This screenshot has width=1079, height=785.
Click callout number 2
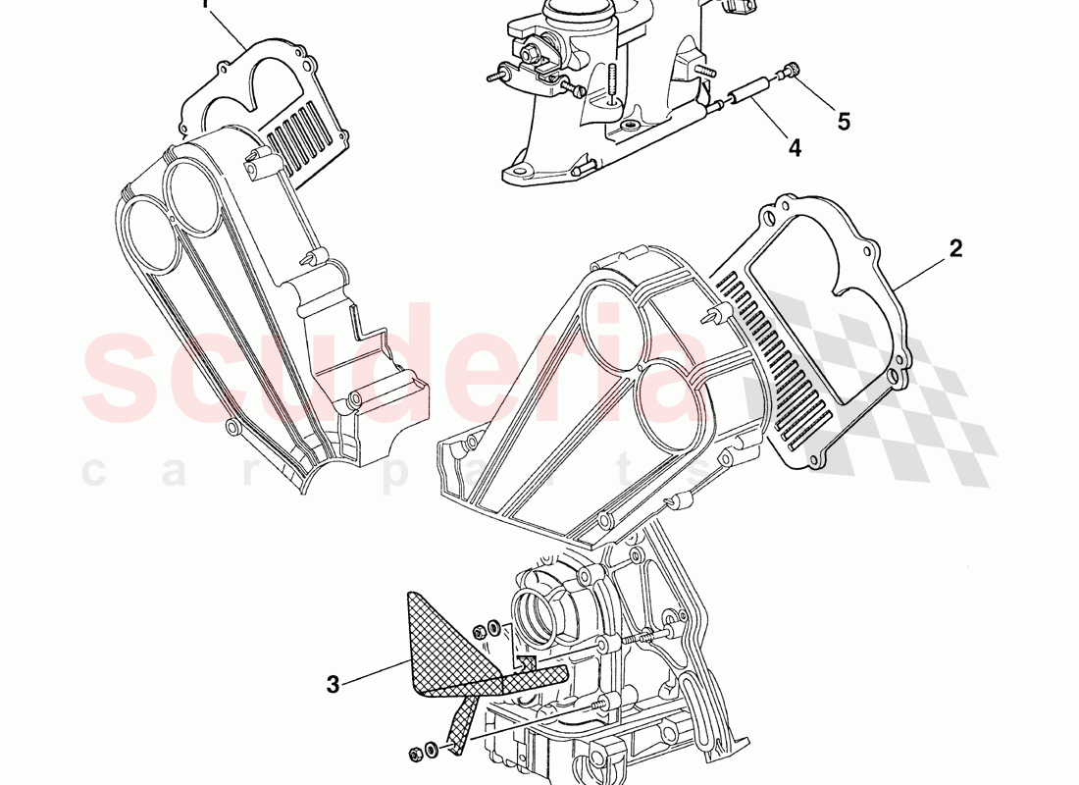click(955, 248)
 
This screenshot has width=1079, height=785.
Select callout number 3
click(334, 685)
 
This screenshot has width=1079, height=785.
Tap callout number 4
click(795, 147)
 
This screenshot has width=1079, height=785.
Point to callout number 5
click(844, 122)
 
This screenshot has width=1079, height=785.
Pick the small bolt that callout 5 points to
click(790, 71)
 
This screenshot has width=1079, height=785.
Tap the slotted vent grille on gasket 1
click(304, 133)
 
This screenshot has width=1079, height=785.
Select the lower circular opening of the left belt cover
click(151, 235)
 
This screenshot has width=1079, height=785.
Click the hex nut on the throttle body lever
click(531, 52)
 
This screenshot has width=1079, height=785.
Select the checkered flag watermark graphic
click(874, 386)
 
